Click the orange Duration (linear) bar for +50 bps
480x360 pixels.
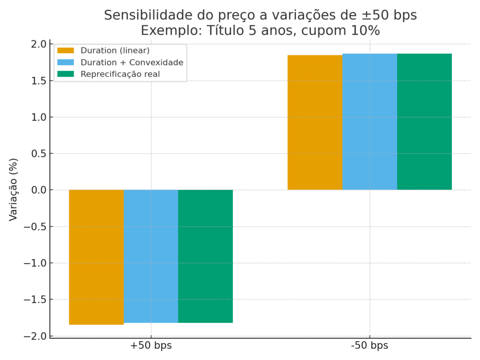pyautogui.click(x=96, y=257)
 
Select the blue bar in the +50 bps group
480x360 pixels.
pyautogui.click(x=151, y=256)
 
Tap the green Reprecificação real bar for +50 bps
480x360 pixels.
pyautogui.click(x=205, y=256)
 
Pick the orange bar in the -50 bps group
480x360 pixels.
pyautogui.click(x=315, y=122)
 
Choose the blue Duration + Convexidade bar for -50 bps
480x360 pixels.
pyautogui.click(x=369, y=122)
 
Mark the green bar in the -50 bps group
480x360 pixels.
pyautogui.click(x=424, y=122)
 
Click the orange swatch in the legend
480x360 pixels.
pyautogui.click(x=66, y=51)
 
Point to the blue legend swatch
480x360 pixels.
pyautogui.click(x=66, y=62)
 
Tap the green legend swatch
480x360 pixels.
pyautogui.click(x=66, y=74)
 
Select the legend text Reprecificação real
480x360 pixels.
pyautogui.click(x=120, y=74)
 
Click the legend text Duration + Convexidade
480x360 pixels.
pyautogui.click(x=132, y=62)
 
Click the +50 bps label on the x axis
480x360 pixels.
pyautogui.click(x=151, y=346)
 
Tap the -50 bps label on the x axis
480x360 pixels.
pyautogui.click(x=369, y=346)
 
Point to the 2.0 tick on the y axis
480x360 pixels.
pyautogui.click(x=39, y=44)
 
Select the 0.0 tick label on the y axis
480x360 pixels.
pyautogui.click(x=39, y=190)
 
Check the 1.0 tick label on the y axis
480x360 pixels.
pyautogui.click(x=39, y=117)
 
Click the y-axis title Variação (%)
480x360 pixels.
pyautogui.click(x=14, y=190)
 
